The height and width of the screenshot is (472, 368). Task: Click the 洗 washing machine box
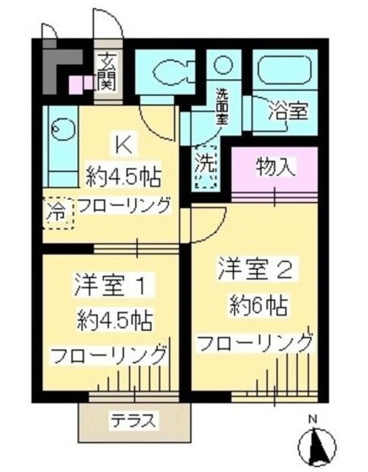pos(205,167)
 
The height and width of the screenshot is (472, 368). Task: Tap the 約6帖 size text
pos(257,305)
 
